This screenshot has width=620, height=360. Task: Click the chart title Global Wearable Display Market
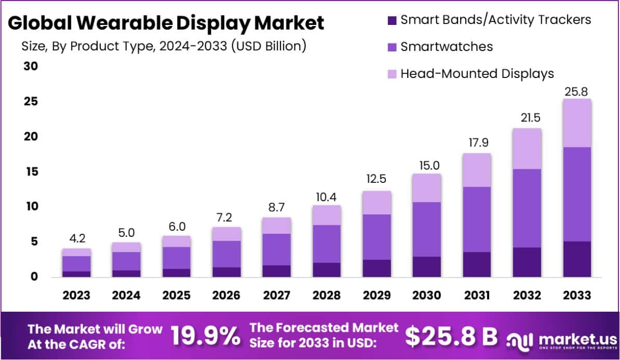(x=166, y=23)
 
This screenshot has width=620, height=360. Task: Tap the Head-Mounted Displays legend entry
(x=477, y=74)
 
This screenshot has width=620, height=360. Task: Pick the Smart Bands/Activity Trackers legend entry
(x=495, y=20)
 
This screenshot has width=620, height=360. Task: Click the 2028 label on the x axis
(x=326, y=295)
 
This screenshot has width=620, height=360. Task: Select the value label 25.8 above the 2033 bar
(x=577, y=92)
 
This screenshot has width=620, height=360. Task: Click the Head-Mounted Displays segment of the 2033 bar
(x=577, y=123)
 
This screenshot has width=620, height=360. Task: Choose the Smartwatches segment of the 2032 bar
(x=527, y=208)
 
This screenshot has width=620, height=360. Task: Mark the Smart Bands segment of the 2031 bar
(x=477, y=264)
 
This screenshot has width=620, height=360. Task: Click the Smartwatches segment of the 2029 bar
(x=376, y=237)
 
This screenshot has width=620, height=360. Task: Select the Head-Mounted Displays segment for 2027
(x=276, y=225)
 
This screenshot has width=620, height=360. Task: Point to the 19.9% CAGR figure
(x=205, y=337)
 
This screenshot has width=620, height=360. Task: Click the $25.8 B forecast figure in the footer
(x=451, y=337)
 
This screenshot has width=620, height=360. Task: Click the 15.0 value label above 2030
(x=426, y=166)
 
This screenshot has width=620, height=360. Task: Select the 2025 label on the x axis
(x=176, y=295)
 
